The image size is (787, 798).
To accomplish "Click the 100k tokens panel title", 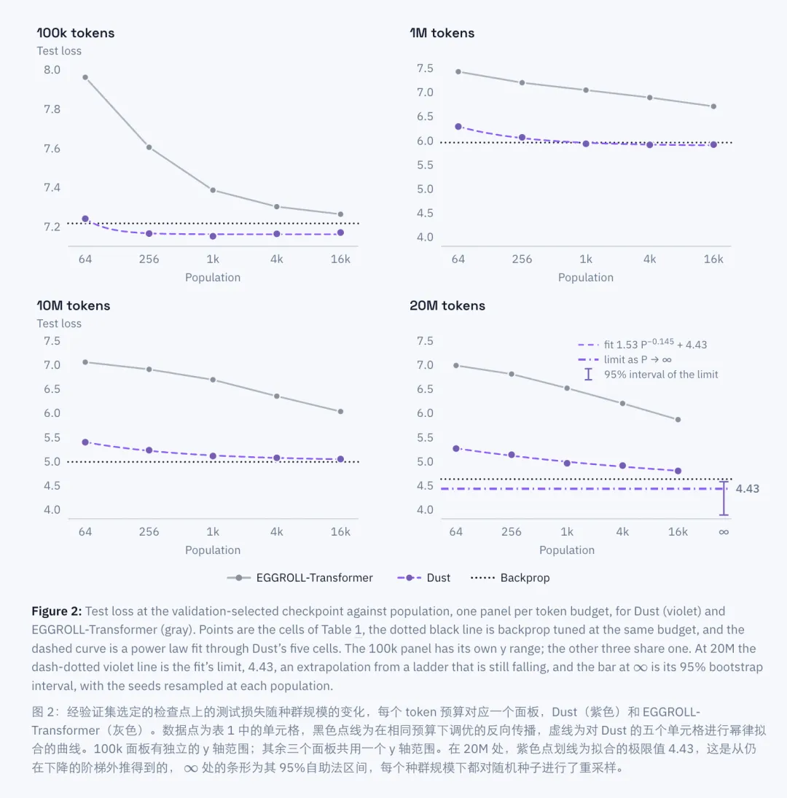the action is [x=76, y=33].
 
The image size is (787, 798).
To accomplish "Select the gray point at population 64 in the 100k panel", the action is [x=85, y=77].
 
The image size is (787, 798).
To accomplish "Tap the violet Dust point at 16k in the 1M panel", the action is [x=713, y=144].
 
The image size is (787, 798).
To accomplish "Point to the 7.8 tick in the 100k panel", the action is [x=52, y=109].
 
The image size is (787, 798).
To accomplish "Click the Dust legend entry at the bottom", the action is [x=424, y=578].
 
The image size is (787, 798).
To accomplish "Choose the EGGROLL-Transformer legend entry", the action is [x=300, y=578].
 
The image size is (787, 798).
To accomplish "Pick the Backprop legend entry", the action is [x=510, y=578].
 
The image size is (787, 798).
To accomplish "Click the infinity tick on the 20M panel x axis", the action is [x=724, y=532].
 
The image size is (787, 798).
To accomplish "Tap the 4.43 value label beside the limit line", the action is [x=748, y=488].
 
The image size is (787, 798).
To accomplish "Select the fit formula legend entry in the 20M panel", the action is [x=643, y=344].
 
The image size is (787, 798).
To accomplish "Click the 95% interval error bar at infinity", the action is [x=724, y=498].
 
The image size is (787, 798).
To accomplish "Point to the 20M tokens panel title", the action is [x=447, y=305].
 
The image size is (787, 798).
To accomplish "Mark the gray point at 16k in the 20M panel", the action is [x=678, y=420].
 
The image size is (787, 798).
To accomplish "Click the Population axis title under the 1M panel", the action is [x=586, y=278].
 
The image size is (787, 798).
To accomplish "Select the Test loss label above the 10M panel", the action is [x=59, y=324].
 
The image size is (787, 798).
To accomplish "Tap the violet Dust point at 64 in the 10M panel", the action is [x=85, y=442].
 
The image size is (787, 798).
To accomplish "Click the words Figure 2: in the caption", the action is [x=56, y=611].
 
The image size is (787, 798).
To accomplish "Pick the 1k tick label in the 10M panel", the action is [x=213, y=532].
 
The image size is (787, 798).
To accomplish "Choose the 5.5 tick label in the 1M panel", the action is [x=425, y=165].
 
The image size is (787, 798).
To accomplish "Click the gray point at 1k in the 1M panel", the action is [x=586, y=90].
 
